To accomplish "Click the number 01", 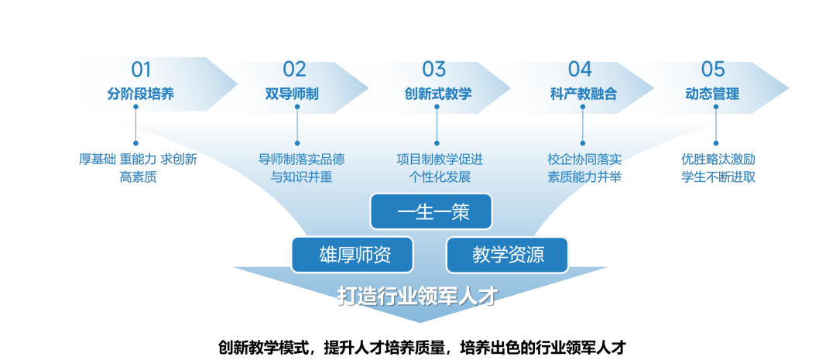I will tap(141, 70).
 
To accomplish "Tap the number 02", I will tap(294, 70).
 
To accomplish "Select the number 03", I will tap(434, 70).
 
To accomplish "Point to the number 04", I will tap(580, 70).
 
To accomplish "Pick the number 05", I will tap(713, 70).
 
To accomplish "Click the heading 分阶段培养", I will tap(141, 94).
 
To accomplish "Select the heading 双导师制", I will tap(292, 94).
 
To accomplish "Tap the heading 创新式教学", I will tap(438, 94).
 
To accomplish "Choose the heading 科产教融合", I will tap(584, 94).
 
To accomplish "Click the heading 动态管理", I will tap(712, 94).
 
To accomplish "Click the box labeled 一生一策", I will tap(431, 211).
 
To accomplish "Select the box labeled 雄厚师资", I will tap(352, 255).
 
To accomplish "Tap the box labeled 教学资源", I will tap(507, 255).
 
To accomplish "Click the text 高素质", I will tap(138, 177).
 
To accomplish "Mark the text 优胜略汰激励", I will tap(718, 159).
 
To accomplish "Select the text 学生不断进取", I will tap(718, 177).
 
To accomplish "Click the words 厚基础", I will tap(97, 159).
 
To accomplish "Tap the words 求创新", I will tap(179, 159).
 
